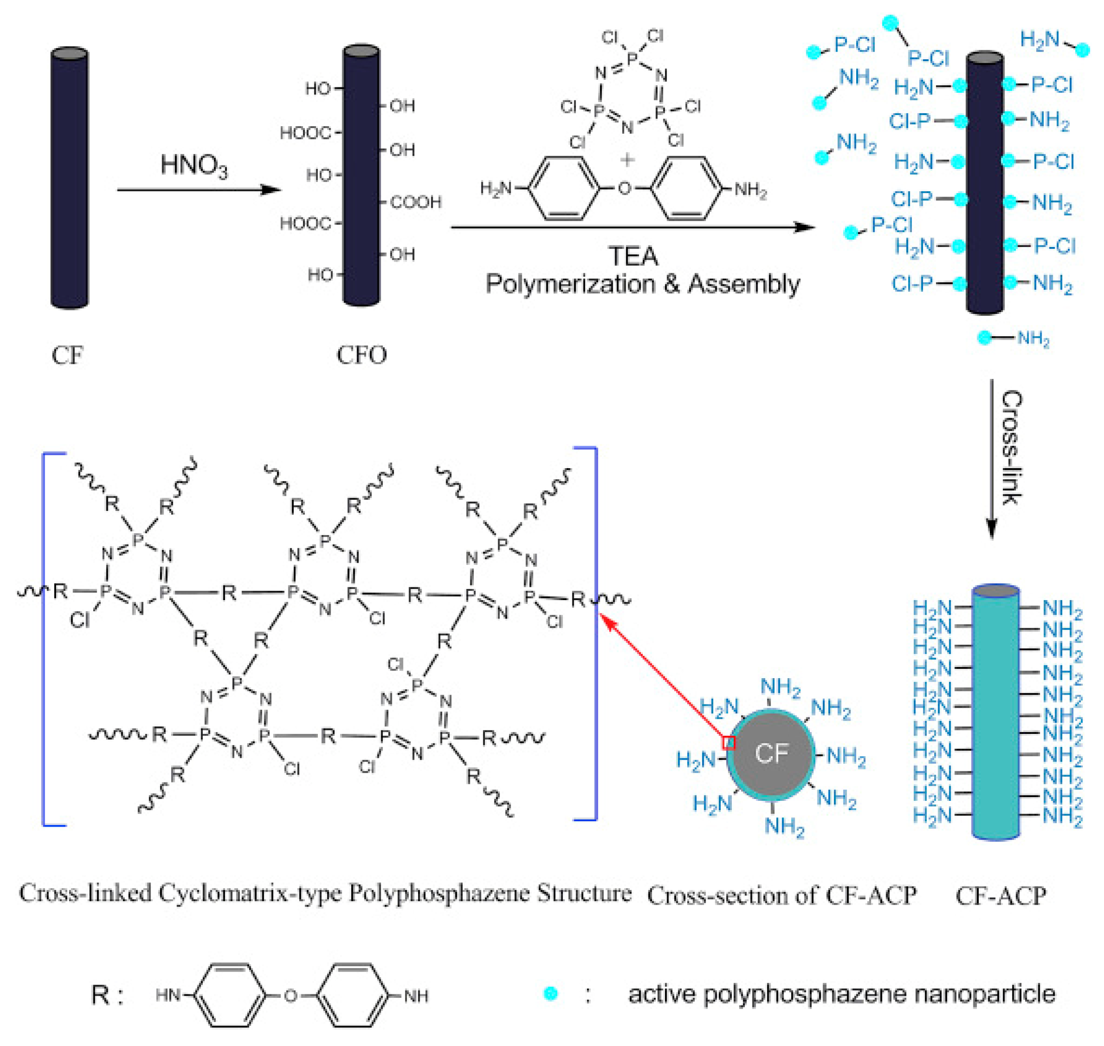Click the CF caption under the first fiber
pos(67,355)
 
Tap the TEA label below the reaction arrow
pos(632,256)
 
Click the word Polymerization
pos(570,284)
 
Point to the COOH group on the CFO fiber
pos(415,202)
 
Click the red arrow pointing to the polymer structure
pos(663,677)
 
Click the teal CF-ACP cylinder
pos(995,711)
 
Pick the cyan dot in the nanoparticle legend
pos(550,993)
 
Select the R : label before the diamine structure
pos(107,995)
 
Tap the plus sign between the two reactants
pos(627,160)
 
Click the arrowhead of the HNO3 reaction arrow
pos(271,189)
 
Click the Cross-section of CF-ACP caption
pos(781,895)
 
